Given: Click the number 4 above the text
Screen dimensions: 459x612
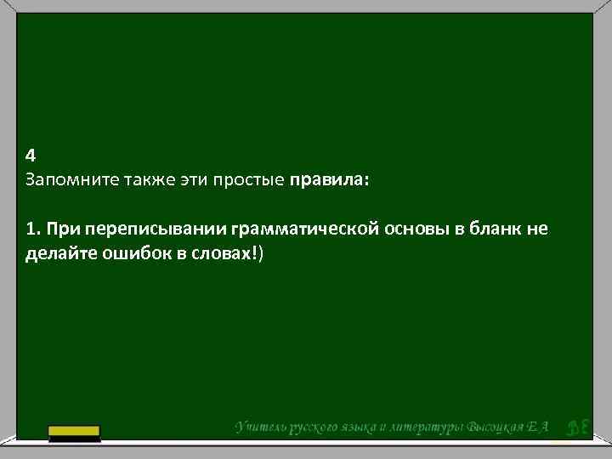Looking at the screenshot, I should [31, 156].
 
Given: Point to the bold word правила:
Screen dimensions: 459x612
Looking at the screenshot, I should [330, 181].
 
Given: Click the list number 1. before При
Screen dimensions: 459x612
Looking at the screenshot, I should [33, 229].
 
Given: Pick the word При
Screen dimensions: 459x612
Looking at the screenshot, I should [63, 229].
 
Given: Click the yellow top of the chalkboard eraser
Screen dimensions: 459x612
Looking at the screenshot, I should [74, 429].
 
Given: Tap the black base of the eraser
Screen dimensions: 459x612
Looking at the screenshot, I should [74, 439].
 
